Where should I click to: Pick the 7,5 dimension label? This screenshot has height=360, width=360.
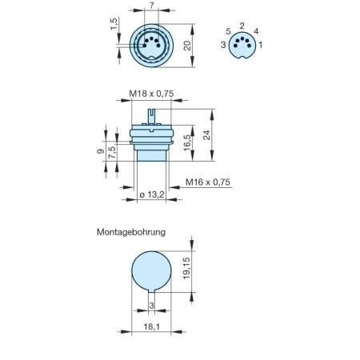(113, 152)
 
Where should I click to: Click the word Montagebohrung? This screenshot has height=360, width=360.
(130, 233)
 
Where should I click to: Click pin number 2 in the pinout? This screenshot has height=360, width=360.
(242, 26)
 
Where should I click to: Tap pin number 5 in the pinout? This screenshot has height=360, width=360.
(228, 31)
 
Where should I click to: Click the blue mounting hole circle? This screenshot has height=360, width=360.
(152, 271)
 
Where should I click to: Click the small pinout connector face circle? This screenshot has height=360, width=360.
(242, 46)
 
